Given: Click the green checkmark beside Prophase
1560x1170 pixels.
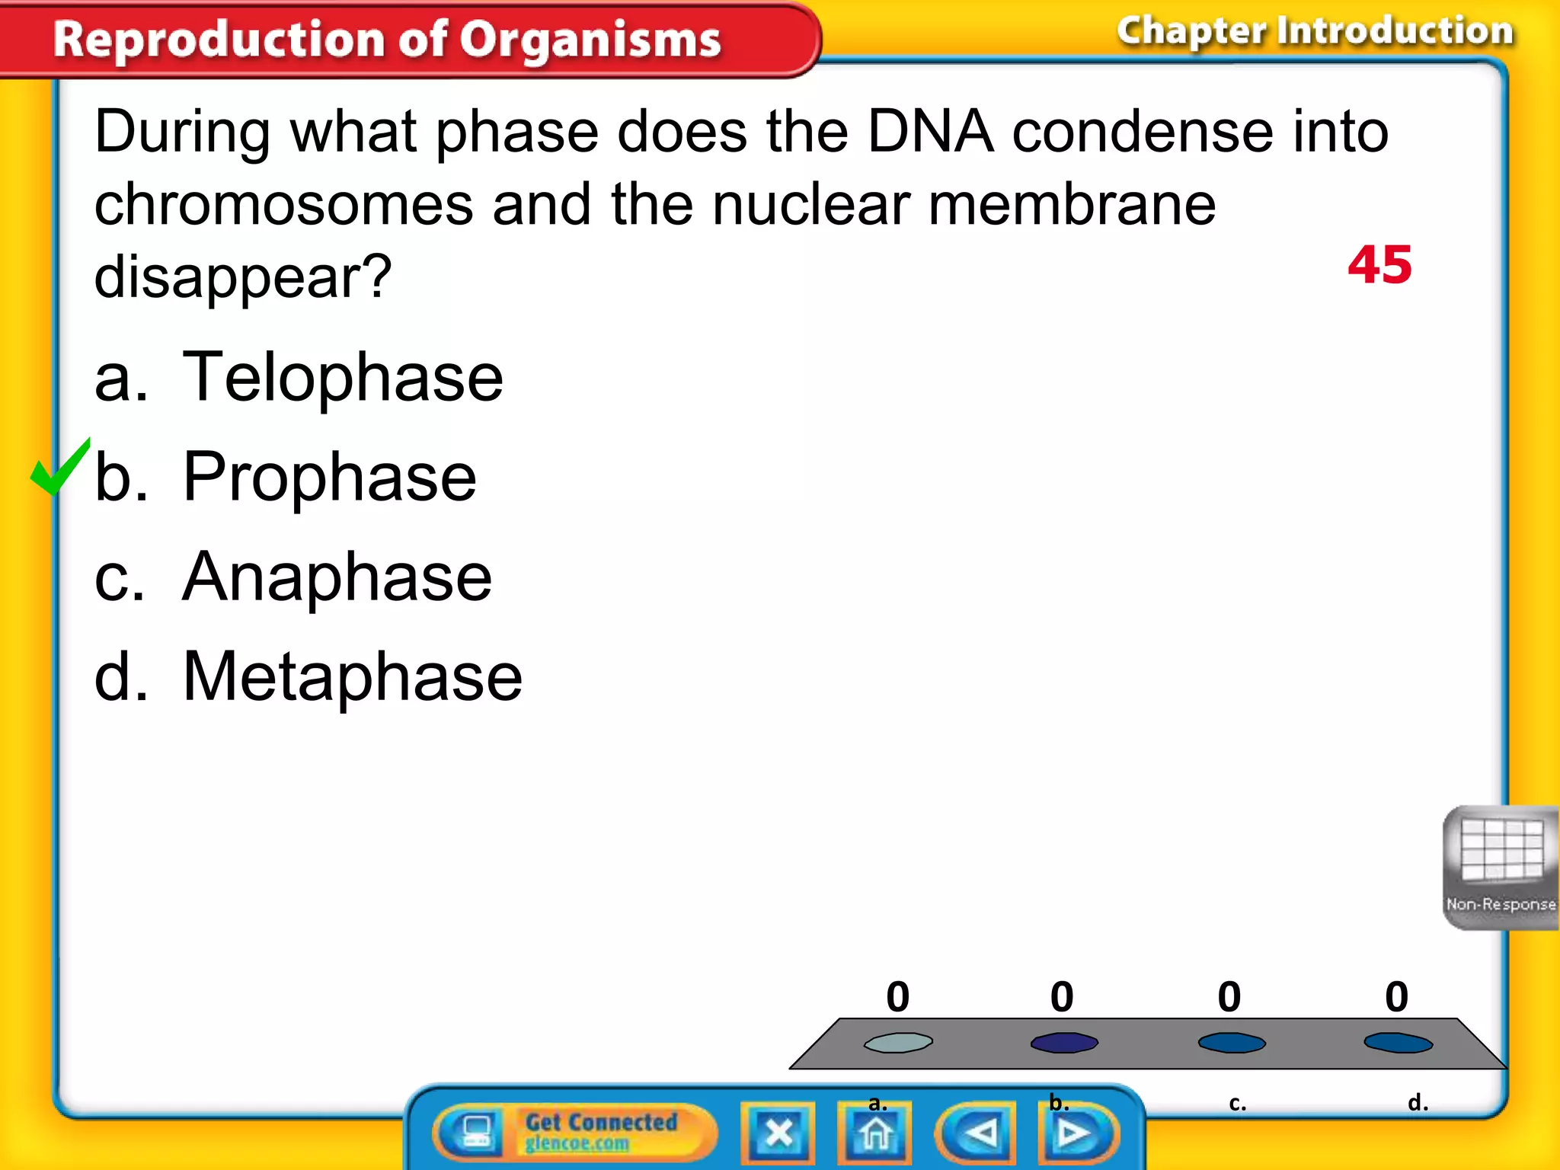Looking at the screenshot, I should click(x=59, y=468).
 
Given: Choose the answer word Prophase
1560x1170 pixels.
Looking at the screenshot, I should click(x=329, y=477).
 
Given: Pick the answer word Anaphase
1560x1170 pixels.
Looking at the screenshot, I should click(x=337, y=577).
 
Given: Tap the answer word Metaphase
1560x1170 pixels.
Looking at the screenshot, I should click(x=352, y=676).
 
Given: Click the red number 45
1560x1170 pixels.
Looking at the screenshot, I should click(x=1379, y=265).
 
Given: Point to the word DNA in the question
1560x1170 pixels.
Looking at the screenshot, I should click(x=930, y=132).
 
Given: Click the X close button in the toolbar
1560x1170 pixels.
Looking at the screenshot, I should click(x=778, y=1133).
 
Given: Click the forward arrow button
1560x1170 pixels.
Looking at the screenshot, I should click(x=1076, y=1133).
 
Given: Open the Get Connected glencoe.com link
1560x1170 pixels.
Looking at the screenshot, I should click(x=600, y=1132).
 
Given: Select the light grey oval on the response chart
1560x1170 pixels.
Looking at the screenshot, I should click(x=898, y=1042).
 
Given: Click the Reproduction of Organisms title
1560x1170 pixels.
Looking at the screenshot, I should click(x=387, y=40).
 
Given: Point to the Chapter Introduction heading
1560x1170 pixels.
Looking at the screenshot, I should click(x=1315, y=32).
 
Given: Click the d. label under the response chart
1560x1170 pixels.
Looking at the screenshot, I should click(x=1418, y=1102).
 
